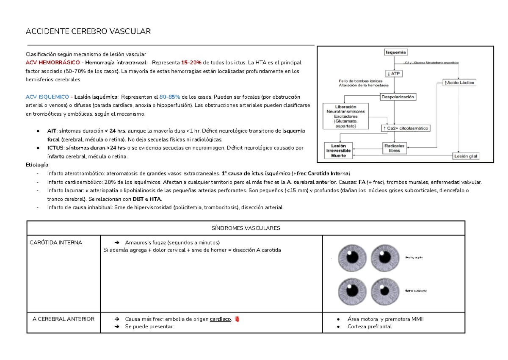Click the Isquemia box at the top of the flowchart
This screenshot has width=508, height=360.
click(x=396, y=53)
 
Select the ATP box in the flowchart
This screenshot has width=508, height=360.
click(x=395, y=73)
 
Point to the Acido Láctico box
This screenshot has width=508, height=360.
click(x=459, y=83)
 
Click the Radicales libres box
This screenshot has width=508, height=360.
click(x=394, y=148)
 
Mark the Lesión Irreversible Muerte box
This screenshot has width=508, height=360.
click(x=338, y=150)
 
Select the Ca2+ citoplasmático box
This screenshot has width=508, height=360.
click(x=406, y=127)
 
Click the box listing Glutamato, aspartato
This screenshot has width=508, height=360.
click(x=345, y=116)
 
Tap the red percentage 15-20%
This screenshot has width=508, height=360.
click(x=191, y=63)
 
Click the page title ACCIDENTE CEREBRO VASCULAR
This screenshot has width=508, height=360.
click(x=88, y=32)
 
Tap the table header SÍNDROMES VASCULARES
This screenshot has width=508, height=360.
click(x=246, y=228)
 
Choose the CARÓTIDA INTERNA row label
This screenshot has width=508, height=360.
click(x=56, y=243)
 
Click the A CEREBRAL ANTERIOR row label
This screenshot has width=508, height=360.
click(x=63, y=319)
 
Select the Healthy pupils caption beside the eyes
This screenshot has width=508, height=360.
click(x=414, y=257)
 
